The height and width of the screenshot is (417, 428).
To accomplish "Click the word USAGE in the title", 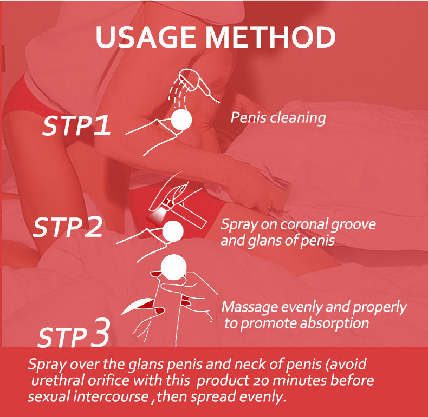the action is point(146,37).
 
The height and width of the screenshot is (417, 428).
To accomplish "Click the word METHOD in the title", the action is point(270,37).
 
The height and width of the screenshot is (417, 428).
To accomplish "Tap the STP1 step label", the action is point(77,125).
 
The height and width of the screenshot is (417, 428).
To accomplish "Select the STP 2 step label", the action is point(68,227).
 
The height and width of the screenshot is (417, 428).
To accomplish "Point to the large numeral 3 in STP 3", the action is point(100,333).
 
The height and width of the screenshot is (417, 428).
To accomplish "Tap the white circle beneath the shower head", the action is point(181,120).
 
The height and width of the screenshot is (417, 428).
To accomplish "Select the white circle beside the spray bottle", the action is point(172,231).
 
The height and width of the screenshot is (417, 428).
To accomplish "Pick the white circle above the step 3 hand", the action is point(173,267).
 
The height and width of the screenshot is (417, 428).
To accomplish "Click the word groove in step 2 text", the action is point(353,225).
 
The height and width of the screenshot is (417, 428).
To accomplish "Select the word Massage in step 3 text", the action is point(250,308).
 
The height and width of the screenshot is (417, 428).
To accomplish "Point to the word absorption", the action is point(335,324).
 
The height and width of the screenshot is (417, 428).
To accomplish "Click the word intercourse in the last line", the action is point(111,396).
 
